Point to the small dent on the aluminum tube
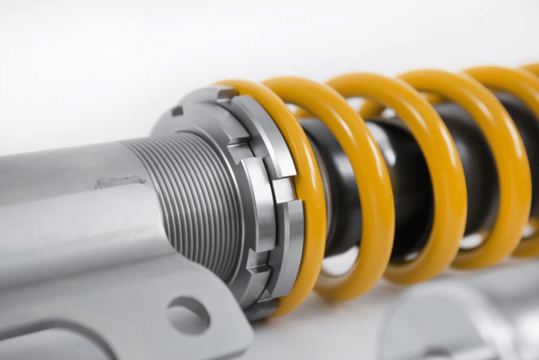[x=120, y=181]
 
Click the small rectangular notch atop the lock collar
[x=177, y=111]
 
